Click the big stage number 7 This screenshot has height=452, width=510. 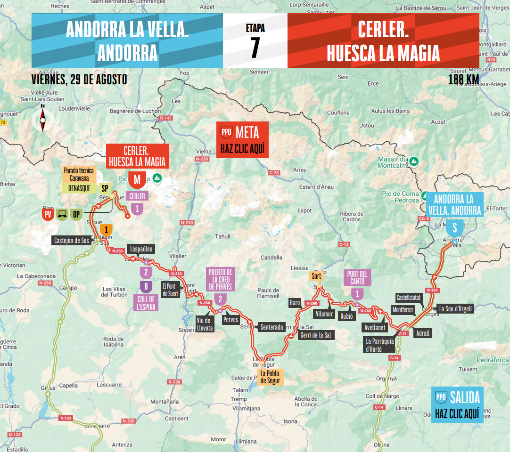[255, 48]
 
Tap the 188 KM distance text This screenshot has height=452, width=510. [463, 80]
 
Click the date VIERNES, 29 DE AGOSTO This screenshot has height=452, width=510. [79, 79]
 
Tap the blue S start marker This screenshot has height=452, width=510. [454, 228]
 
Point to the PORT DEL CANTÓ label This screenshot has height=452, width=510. [358, 278]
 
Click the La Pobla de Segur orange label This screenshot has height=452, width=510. [270, 377]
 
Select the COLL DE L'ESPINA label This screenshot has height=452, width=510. [146, 303]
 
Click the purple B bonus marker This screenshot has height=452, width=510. [146, 286]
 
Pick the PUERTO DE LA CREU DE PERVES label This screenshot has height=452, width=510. [220, 279]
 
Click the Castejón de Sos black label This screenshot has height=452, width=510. [71, 241]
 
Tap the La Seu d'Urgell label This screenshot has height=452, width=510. [455, 309]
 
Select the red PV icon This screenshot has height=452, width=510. [47, 215]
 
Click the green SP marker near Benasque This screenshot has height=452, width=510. [105, 188]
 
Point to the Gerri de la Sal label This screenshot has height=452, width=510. [315, 335]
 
